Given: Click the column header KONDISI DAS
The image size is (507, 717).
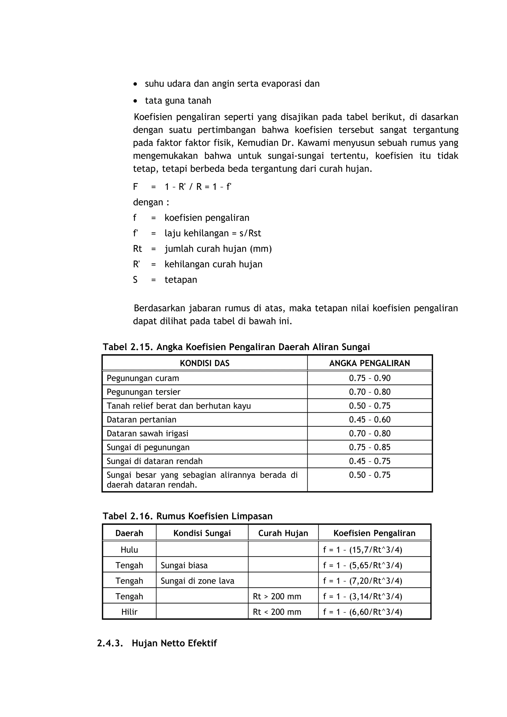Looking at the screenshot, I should [205, 363].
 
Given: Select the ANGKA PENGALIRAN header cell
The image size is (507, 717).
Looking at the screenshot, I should [370, 363].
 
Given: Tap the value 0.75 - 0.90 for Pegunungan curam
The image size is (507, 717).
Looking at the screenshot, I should [370, 378].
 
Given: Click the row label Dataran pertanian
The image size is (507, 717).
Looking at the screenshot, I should [142, 420].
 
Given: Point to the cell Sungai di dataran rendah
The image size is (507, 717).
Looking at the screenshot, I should [155, 461].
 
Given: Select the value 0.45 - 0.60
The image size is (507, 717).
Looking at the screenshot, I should [370, 420].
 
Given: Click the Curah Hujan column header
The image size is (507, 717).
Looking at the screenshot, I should [283, 533].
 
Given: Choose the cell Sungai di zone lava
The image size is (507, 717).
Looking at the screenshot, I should [197, 581].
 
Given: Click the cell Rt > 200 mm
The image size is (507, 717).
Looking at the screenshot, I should [277, 597].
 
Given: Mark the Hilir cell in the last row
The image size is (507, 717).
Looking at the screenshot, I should [129, 612].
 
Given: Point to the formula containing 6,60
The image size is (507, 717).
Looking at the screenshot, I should [362, 612].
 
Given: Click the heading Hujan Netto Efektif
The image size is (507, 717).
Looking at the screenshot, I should [174, 643].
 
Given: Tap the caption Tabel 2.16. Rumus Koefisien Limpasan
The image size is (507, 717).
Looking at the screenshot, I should [187, 516].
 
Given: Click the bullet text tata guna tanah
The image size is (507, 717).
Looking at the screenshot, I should [178, 100].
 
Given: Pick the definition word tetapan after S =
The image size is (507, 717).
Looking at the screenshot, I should [181, 280].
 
